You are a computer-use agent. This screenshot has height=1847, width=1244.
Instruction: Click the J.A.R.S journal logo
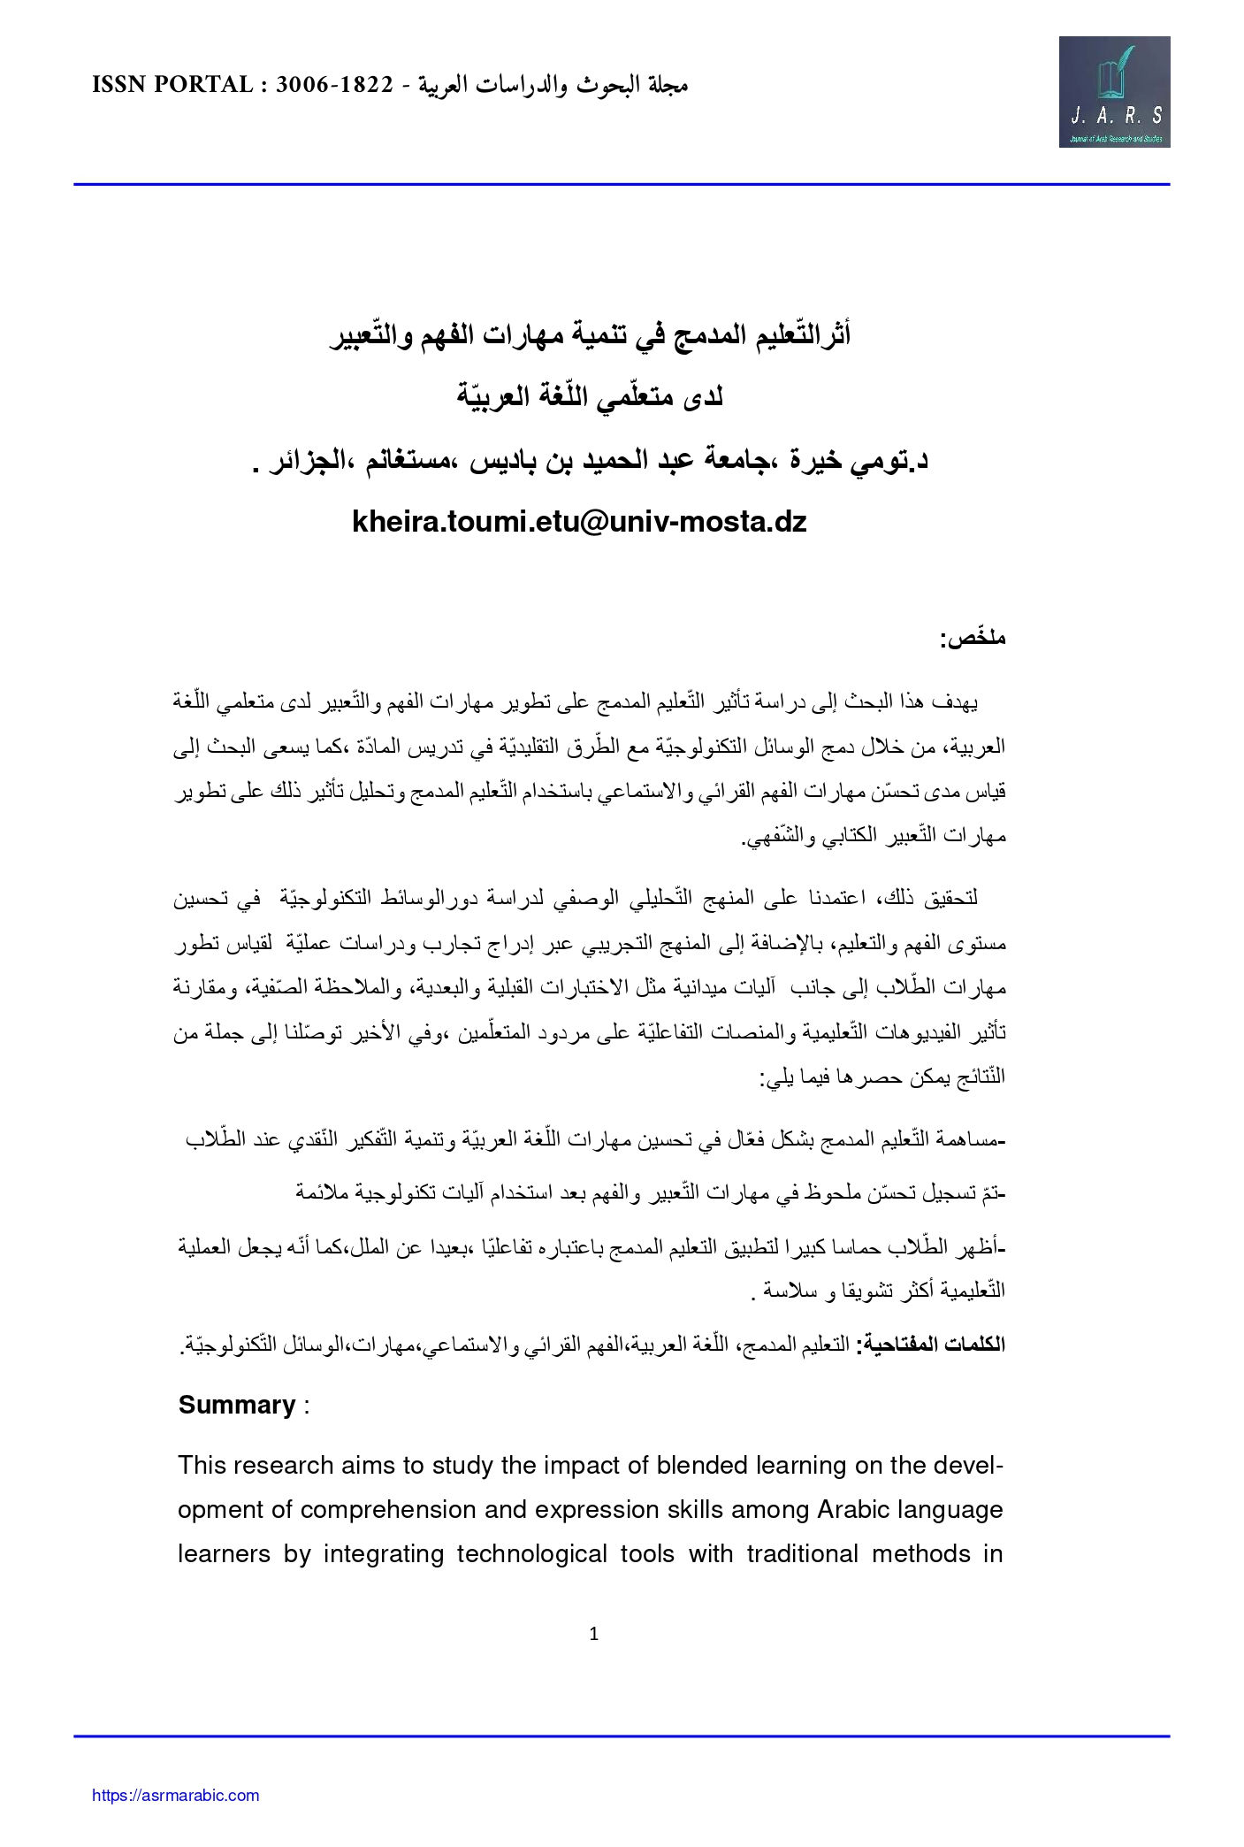click(x=1114, y=92)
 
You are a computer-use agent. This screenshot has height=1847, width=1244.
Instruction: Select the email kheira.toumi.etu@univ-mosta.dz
click(x=579, y=522)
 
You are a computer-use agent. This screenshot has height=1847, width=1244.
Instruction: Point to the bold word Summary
click(x=237, y=1405)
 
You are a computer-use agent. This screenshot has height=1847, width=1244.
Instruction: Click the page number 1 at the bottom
click(x=594, y=1634)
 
